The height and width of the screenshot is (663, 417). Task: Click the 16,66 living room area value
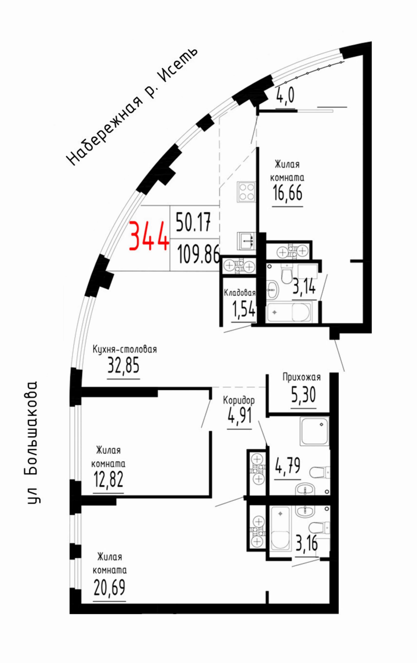(287, 192)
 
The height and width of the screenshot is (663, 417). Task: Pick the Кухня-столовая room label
(124, 349)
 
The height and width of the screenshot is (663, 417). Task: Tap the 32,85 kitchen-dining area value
(123, 366)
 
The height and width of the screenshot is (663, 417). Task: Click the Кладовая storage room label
(239, 293)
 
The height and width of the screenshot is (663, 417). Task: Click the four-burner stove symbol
(247, 192)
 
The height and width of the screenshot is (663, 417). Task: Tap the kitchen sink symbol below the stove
(246, 241)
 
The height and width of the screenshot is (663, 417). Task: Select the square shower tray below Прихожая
(314, 431)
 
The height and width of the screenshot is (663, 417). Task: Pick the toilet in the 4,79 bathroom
(319, 472)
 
